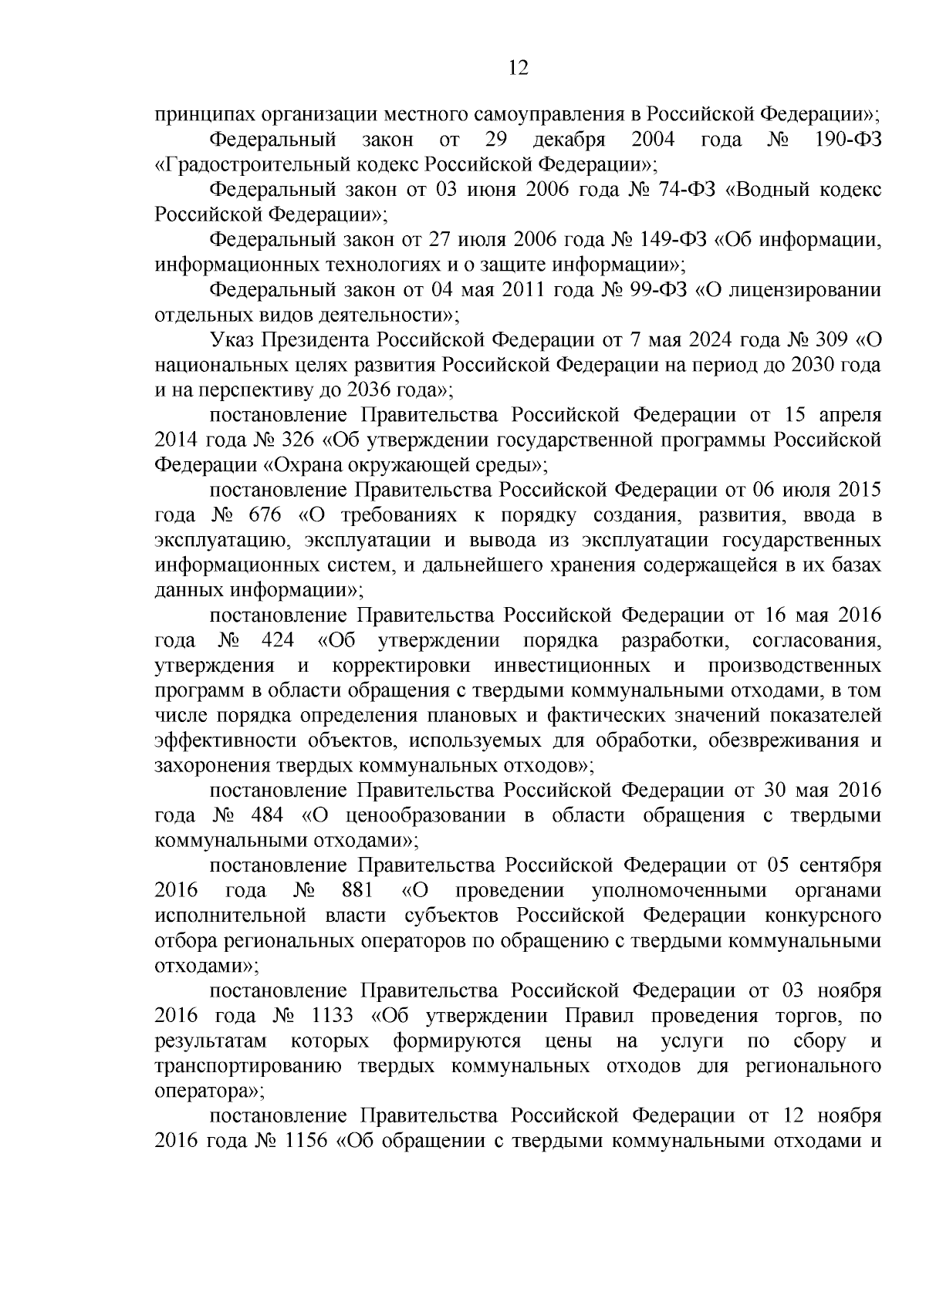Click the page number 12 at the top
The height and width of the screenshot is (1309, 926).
519,69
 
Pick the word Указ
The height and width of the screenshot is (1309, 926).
232,340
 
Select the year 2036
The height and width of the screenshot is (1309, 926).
348,390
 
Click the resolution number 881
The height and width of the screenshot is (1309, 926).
357,892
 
